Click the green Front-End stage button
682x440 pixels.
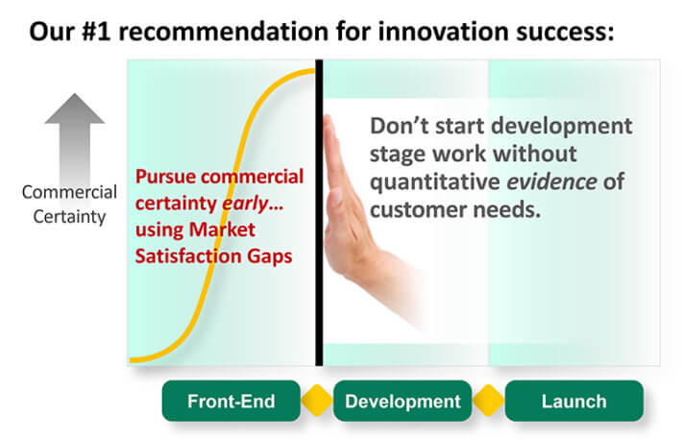pyautogui.click(x=231, y=401)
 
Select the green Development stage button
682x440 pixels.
pyautogui.click(x=402, y=401)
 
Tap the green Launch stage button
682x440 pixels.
pyautogui.click(x=573, y=401)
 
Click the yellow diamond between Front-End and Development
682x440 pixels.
pyautogui.click(x=317, y=401)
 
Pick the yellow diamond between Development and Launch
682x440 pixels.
pyautogui.click(x=488, y=401)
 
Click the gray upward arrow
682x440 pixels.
pyautogui.click(x=75, y=139)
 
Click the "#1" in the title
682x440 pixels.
pyautogui.click(x=96, y=32)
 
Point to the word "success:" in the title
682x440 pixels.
pyautogui.click(x=565, y=33)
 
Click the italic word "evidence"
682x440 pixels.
pyautogui.click(x=552, y=182)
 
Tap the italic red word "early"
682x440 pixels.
pyautogui.click(x=245, y=204)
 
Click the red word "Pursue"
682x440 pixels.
pyautogui.click(x=165, y=177)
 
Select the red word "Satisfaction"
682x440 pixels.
pyautogui.click(x=188, y=256)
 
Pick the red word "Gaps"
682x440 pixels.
pyautogui.click(x=270, y=257)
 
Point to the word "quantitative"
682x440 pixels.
pyautogui.click(x=434, y=183)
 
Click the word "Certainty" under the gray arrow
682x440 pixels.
pyautogui.click(x=69, y=217)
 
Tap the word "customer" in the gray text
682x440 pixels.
pyautogui.click(x=418, y=209)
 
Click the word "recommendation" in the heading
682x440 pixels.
pyautogui.click(x=224, y=32)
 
